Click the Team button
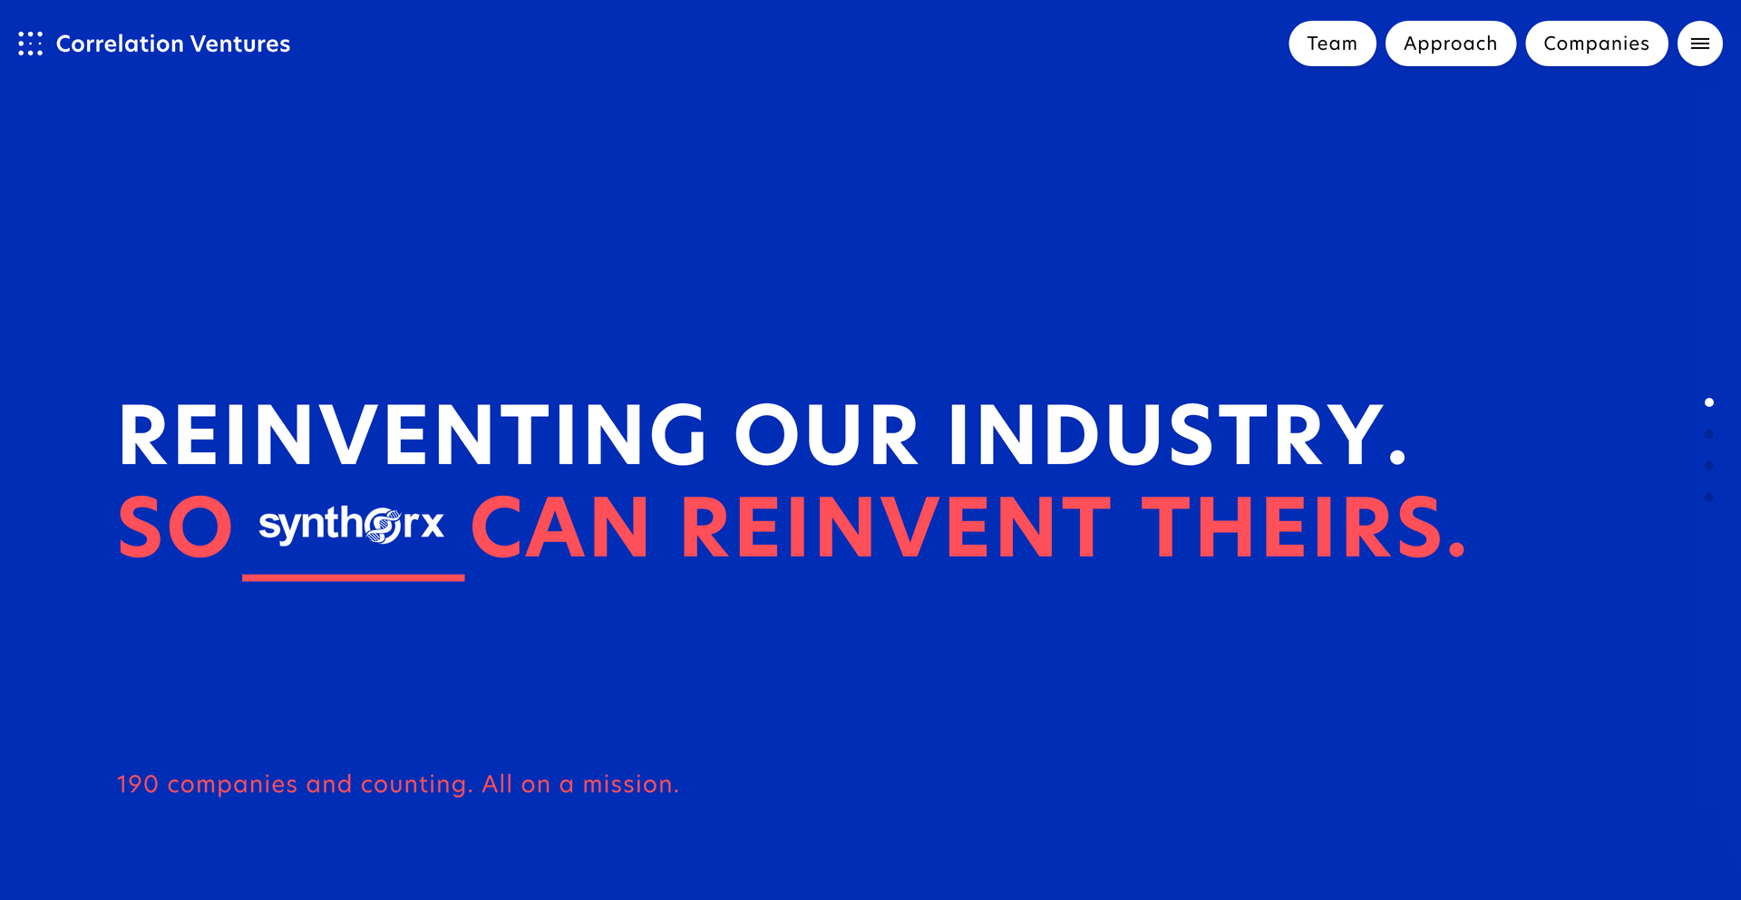tap(1332, 44)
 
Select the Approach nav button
tap(1451, 44)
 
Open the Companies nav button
tap(1597, 44)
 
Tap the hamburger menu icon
tap(1700, 44)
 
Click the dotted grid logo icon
tap(30, 44)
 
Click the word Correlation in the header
tap(120, 44)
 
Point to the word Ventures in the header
tap(240, 44)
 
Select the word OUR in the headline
tap(827, 436)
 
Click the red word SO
tap(176, 527)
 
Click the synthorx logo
tap(352, 525)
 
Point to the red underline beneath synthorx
tap(354, 577)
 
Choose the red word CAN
tap(560, 527)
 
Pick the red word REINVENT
tap(896, 527)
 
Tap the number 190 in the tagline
tap(138, 784)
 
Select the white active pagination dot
tap(1709, 402)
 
